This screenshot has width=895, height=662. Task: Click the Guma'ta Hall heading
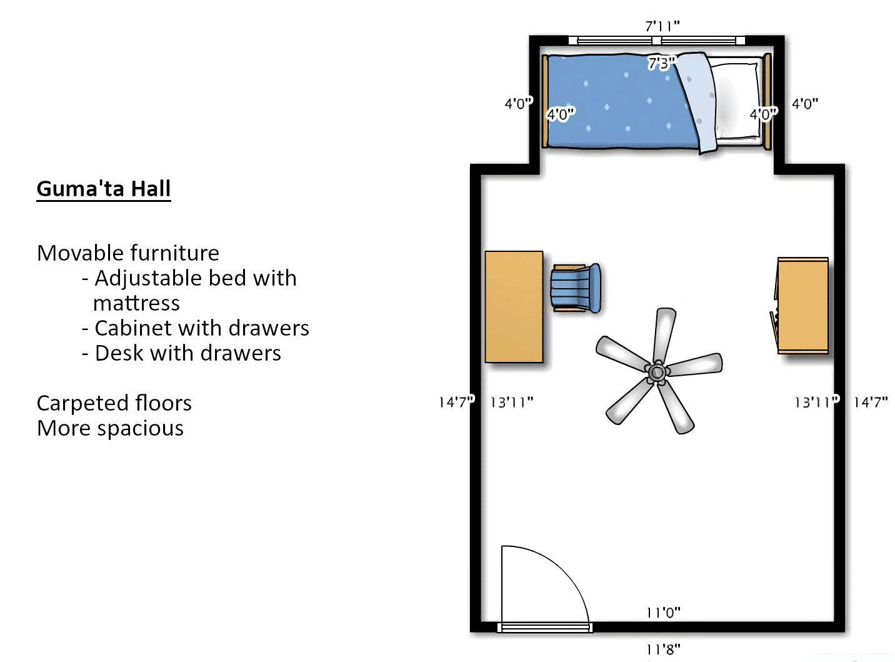104,189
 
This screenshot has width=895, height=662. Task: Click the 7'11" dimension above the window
662,26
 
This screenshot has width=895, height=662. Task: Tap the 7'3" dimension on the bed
661,63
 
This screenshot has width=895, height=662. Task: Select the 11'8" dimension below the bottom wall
663,649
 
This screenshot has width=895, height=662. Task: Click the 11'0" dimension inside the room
663,613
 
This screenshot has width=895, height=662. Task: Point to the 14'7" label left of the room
456,402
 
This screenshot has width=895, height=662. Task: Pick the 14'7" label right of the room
871,402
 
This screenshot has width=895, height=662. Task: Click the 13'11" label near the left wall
511,402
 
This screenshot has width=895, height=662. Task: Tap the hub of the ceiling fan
656,373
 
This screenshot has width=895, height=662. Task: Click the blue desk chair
575,288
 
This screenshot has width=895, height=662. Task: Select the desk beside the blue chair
514,306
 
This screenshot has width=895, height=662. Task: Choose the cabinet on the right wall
803,306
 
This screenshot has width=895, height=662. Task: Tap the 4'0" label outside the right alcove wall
805,104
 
